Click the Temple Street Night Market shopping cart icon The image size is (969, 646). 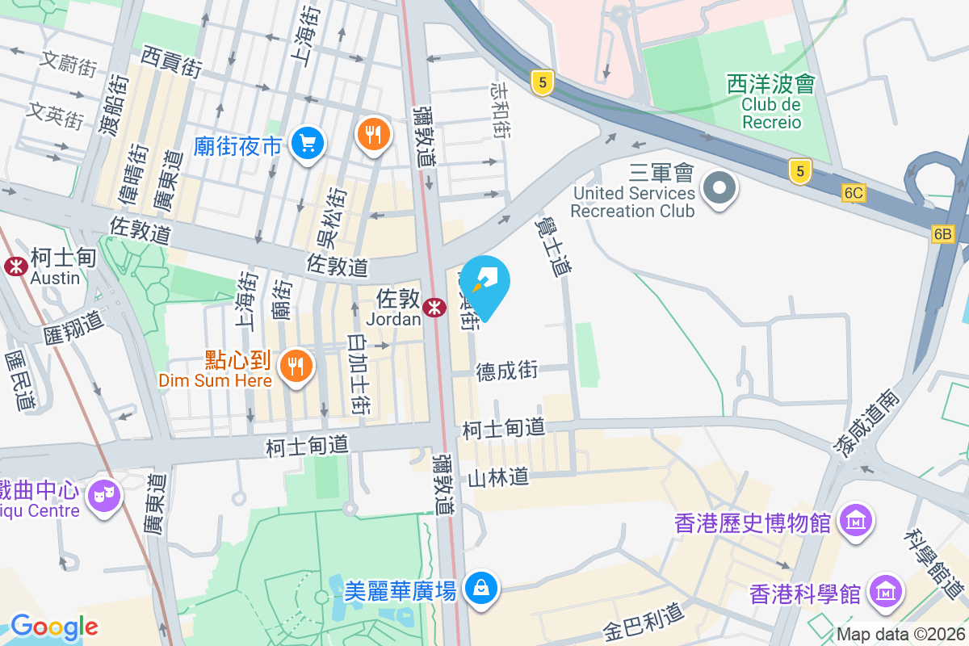tap(307, 144)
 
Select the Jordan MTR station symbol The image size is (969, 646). tap(434, 307)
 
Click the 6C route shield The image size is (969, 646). tap(853, 194)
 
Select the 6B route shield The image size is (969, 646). tap(942, 234)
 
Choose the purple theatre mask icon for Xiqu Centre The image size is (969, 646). tap(105, 492)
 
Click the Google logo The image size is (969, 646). tap(54, 627)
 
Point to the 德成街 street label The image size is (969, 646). tap(507, 371)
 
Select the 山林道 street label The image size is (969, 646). tap(498, 477)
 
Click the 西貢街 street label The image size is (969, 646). tap(170, 62)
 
